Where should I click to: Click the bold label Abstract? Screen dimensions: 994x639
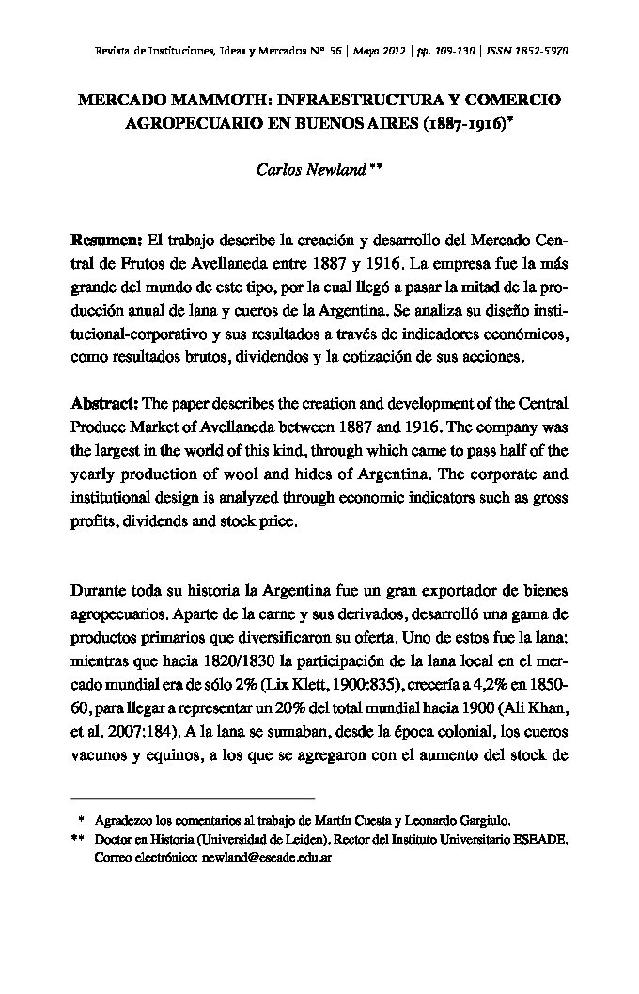pyautogui.click(x=105, y=404)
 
